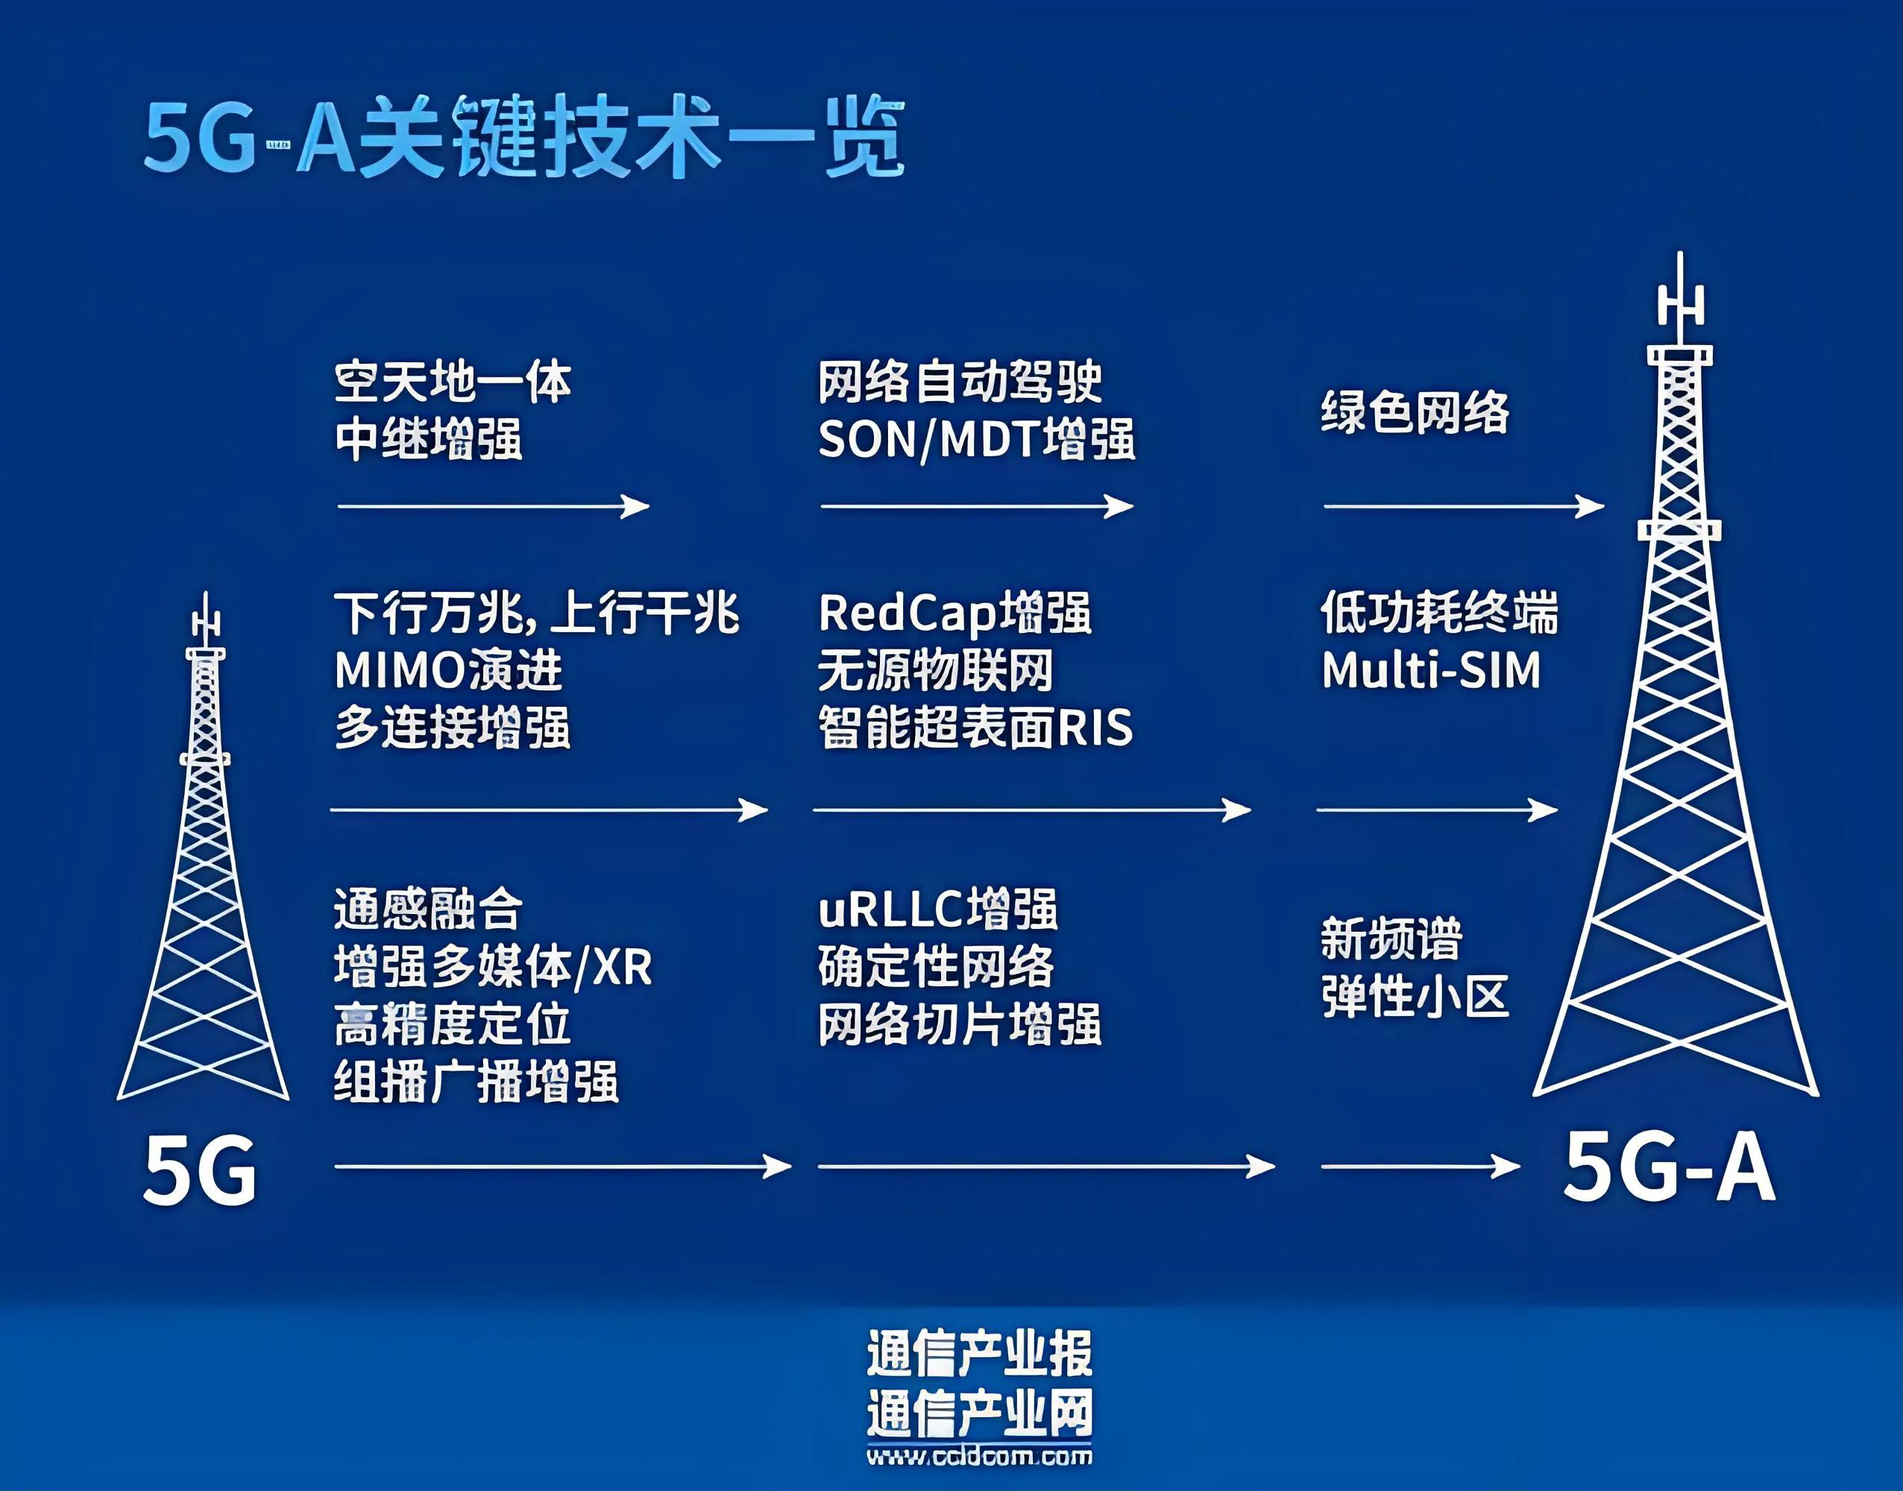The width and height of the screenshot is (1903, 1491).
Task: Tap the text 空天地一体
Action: pos(452,382)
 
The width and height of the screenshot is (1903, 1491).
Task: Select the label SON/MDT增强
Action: pos(976,439)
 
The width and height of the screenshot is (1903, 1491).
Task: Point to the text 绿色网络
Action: pos(1414,412)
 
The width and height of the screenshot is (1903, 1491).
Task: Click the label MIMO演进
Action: pos(448,670)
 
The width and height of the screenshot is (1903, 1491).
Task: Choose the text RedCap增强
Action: pos(954,613)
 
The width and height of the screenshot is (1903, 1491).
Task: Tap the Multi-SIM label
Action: pos(1431,670)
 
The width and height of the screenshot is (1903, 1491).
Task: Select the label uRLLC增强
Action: pos(937,910)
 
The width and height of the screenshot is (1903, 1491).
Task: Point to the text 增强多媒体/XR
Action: pos(492,967)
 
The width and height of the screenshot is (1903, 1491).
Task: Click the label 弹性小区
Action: pos(1414,997)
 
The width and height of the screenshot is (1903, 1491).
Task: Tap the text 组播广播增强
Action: pos(476,1082)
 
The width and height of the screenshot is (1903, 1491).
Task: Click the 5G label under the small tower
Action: pos(200,1170)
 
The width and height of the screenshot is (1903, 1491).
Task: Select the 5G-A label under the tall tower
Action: pos(1668,1168)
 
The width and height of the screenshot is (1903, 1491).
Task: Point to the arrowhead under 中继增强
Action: pos(635,505)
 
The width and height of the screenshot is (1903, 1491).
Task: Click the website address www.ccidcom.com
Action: pos(978,1455)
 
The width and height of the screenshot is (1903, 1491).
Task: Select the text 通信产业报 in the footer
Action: pos(978,1354)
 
